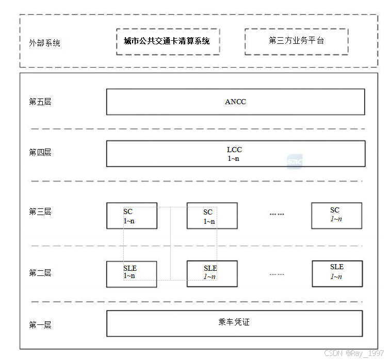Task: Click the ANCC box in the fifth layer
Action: pos(235,102)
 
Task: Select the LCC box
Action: pos(235,154)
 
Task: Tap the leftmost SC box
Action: pos(132,216)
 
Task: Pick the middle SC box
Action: pos(212,216)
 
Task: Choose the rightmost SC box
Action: pos(336,215)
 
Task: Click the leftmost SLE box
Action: pos(132,273)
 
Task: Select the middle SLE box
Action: pos(212,273)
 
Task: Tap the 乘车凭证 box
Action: pos(234,323)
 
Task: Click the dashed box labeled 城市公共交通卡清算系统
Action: pos(168,41)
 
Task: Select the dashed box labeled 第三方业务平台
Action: pos(296,41)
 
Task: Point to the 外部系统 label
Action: pos(44,43)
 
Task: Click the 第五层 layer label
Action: pos(40,102)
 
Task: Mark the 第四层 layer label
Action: pos(40,152)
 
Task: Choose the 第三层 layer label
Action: pos(40,211)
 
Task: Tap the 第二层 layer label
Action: pos(40,273)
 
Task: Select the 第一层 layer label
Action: pos(40,325)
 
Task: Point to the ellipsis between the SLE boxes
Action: pos(277,274)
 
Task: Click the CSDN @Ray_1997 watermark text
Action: pos(354,353)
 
